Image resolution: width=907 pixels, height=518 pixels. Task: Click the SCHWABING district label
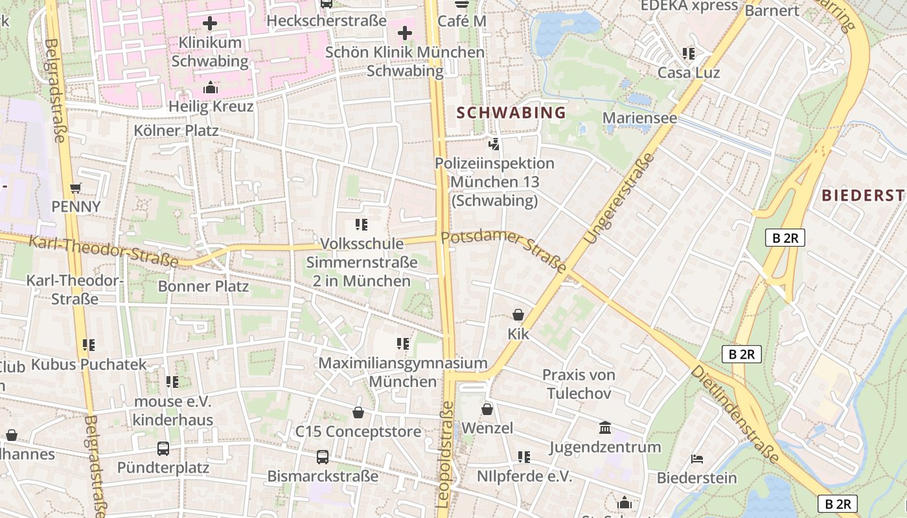coord(511,113)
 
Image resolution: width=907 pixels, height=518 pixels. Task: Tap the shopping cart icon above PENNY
coord(76,188)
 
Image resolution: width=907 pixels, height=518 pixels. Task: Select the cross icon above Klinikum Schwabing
coord(210,24)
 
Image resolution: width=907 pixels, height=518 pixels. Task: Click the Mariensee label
coord(639,118)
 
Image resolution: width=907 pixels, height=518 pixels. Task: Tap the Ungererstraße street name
coord(619,199)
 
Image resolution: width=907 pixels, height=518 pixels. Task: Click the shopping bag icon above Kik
coord(518,315)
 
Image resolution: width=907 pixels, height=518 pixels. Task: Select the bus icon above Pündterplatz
coord(163,449)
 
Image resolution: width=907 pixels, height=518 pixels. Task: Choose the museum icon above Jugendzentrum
coord(605,428)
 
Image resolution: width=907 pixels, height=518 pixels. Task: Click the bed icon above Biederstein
coord(697,459)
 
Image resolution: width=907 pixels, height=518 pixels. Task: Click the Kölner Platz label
coord(176,130)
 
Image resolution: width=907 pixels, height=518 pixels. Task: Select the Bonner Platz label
coord(203,286)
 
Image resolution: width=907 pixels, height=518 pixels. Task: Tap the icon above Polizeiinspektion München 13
coord(494,144)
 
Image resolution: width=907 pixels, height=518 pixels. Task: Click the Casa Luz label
coord(689,73)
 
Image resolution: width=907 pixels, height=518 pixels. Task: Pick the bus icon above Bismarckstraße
coord(323,457)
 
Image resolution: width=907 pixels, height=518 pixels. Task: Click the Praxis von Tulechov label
coord(579,384)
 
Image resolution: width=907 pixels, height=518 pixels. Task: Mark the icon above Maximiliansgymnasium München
coord(403,344)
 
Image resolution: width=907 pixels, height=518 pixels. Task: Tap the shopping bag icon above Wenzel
coord(487,409)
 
